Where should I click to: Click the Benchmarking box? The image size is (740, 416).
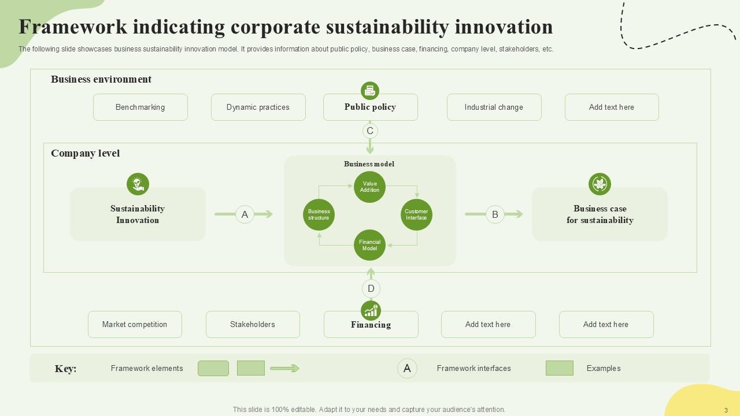[140, 107]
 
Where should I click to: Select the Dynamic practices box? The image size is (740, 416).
[258, 107]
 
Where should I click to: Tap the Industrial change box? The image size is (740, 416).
[494, 107]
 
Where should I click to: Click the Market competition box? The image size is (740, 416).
[135, 324]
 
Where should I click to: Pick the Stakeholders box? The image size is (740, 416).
[253, 324]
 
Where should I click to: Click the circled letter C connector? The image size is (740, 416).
[370, 131]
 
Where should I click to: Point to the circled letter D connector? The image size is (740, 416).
[371, 289]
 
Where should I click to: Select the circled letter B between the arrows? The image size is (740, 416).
[495, 214]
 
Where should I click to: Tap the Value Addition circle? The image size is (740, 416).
[369, 187]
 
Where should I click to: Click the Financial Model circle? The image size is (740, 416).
[369, 245]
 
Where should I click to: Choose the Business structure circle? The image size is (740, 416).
[319, 215]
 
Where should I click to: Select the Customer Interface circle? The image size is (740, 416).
[416, 215]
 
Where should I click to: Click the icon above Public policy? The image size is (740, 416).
[370, 91]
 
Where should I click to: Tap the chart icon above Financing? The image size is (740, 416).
[371, 311]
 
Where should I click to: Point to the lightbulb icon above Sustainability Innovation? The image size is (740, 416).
[138, 184]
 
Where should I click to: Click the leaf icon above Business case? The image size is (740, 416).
[600, 184]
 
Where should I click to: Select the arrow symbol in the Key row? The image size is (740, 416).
[284, 368]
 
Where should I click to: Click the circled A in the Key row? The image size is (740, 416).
[407, 369]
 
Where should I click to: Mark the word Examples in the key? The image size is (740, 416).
[604, 369]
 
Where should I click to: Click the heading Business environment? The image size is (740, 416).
[101, 79]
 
